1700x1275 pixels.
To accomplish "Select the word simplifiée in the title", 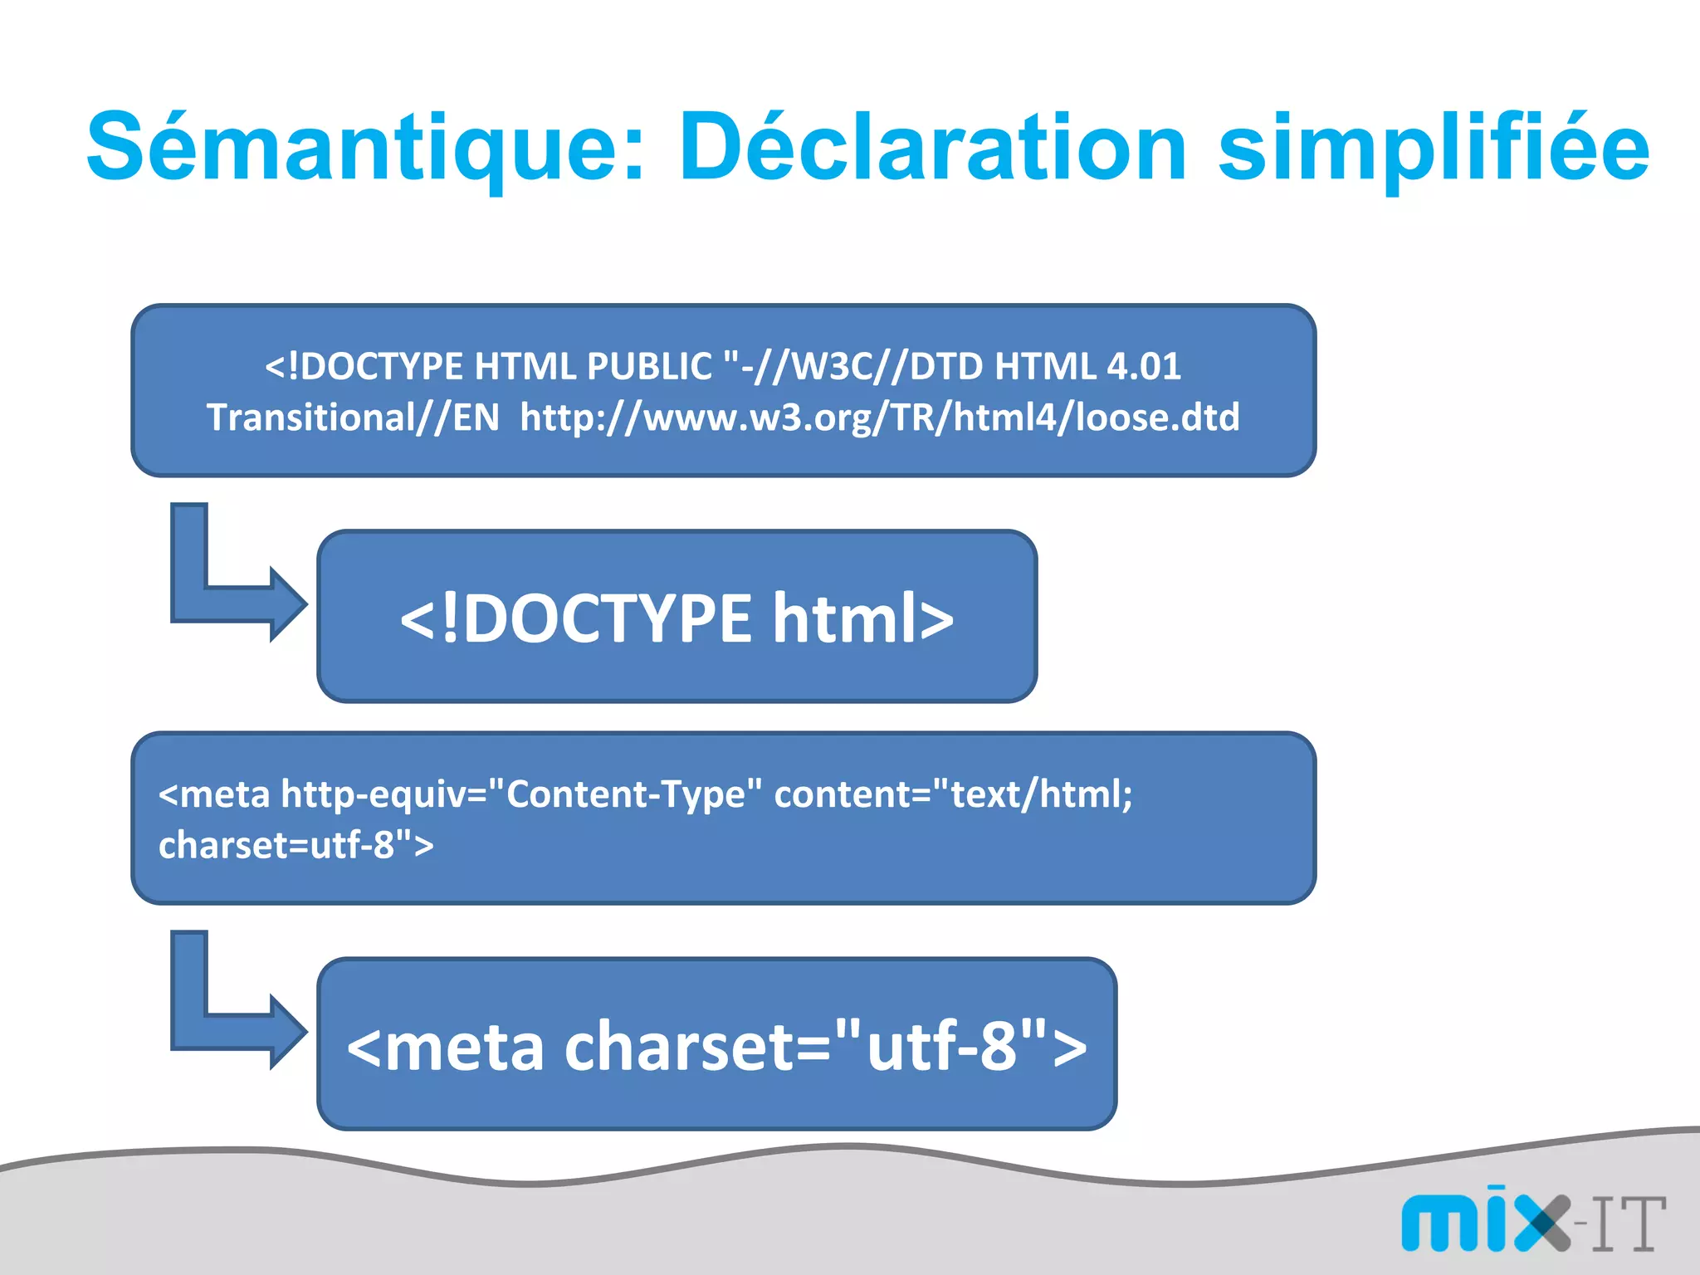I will pos(1434,149).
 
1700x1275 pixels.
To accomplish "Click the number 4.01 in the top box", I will pos(1144,366).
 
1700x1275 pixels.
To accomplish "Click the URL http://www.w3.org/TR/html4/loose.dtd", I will pos(879,417).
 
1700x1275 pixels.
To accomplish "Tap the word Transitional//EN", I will pos(353,417).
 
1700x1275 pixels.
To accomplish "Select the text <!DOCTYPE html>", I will pos(677,618).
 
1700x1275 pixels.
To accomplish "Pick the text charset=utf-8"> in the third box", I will pos(296,845).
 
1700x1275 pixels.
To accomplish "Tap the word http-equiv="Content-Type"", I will pos(521,794).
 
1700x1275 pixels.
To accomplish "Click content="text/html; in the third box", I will pos(953,794).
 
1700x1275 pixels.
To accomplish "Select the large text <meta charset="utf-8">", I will pos(716,1046).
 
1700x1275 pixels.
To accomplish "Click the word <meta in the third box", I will pos(214,794).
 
